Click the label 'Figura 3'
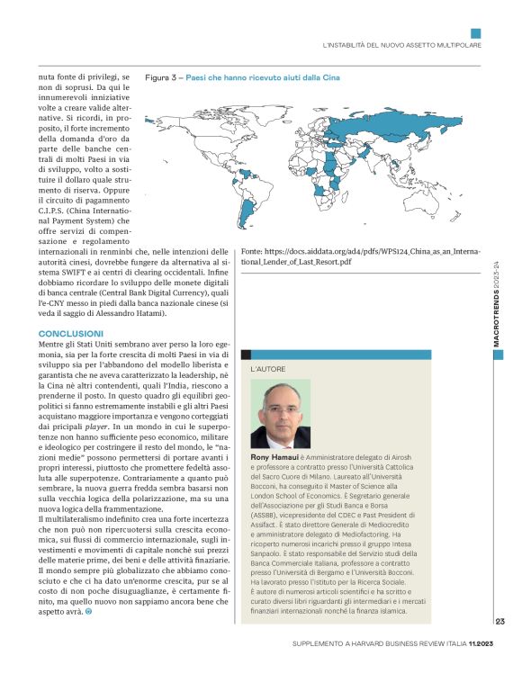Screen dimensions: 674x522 (162, 77)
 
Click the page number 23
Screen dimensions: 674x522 (499, 620)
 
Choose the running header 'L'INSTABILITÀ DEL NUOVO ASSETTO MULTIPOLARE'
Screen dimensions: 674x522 (401, 44)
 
